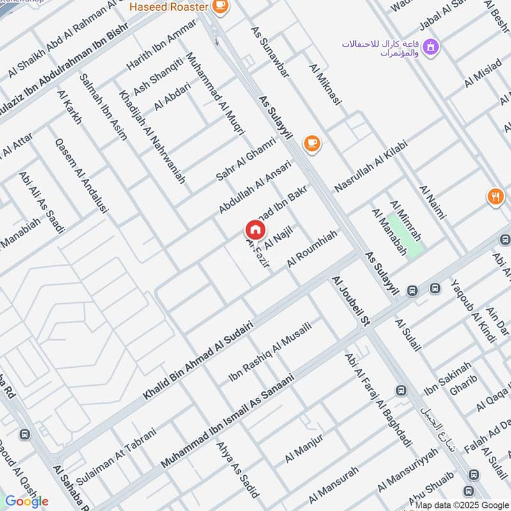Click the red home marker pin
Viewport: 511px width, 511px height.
click(255, 229)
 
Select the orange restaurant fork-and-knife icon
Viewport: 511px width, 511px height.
click(495, 196)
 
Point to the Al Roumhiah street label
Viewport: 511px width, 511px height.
click(312, 248)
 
